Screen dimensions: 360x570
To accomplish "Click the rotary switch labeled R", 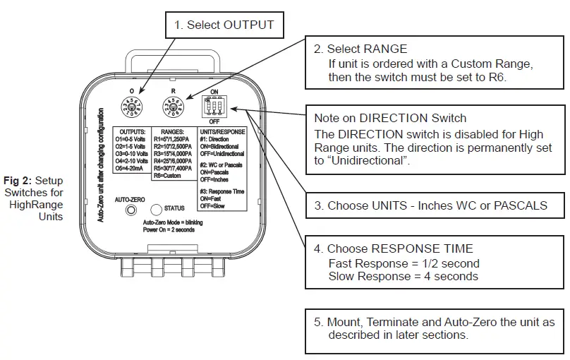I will pos(173,107).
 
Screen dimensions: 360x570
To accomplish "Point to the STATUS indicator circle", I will pos(156,209).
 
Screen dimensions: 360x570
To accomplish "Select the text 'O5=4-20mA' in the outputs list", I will pos(132,169).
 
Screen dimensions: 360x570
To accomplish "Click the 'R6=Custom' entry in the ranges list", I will pos(167,176).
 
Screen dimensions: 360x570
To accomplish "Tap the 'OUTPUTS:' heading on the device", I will pos(132,132).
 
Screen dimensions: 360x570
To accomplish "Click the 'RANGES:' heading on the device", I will pos(172,132).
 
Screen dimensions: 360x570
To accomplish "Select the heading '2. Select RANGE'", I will pos(360,49).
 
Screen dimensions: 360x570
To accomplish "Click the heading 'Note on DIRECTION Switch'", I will pos(390,118).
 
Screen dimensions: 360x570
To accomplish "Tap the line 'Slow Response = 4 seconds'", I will pos(403,276).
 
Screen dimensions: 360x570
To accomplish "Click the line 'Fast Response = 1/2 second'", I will pos(404,263).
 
